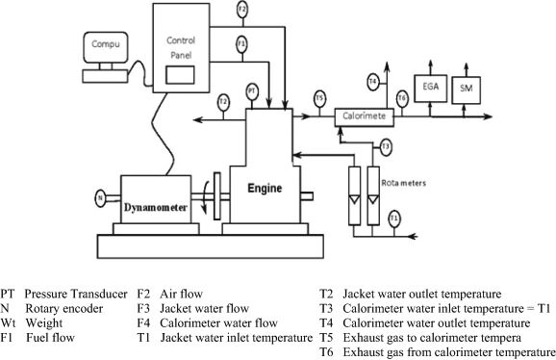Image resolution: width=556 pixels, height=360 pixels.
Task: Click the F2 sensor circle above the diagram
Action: [241, 10]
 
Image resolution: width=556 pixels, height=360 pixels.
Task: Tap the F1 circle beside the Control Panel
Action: [241, 44]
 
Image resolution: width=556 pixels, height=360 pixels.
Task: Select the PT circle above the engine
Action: [252, 91]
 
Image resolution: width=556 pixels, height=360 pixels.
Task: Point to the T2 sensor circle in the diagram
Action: [223, 102]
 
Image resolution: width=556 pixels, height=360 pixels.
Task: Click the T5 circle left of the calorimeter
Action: [319, 98]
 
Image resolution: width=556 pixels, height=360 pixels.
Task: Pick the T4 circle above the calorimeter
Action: [373, 82]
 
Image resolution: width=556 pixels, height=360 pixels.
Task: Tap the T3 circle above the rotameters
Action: [386, 147]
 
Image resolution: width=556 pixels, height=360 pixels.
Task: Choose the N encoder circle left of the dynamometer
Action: [101, 198]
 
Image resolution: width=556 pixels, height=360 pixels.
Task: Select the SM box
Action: [467, 90]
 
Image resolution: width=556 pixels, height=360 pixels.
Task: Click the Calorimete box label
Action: [365, 116]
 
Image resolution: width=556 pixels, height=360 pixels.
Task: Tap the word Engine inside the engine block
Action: [265, 188]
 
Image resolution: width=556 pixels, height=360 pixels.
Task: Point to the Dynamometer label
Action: [156, 207]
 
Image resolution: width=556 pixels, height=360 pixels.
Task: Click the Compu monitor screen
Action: [106, 47]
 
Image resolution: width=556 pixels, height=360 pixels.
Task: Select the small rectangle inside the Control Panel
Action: [180, 75]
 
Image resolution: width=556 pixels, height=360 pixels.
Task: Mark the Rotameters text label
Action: [403, 183]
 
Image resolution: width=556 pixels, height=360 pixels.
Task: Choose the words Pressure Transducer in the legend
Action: [76, 294]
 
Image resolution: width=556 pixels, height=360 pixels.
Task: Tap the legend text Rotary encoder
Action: [64, 309]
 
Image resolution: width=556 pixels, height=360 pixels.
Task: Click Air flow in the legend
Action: [181, 294]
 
